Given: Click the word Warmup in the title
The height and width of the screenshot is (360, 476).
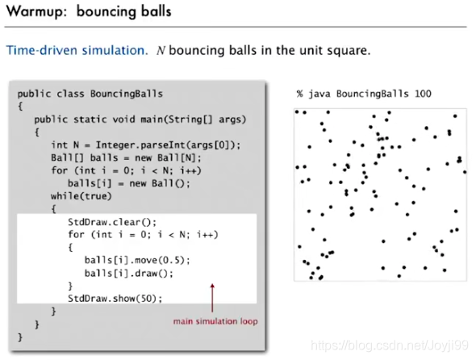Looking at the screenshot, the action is (36, 12).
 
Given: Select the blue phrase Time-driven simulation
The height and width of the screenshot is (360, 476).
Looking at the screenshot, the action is (77, 50).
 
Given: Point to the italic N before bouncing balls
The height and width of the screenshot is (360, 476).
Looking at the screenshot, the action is (161, 50).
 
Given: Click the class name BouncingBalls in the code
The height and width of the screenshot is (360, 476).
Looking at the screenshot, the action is (127, 94).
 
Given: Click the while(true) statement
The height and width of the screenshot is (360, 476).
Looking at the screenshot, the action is (81, 196).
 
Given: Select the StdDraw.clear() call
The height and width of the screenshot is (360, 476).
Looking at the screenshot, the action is (112, 222).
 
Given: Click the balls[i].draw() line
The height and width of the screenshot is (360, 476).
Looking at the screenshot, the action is (129, 273).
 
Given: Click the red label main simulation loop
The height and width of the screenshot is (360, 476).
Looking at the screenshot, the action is (215, 321).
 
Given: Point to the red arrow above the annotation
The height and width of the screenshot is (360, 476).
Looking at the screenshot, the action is (212, 298).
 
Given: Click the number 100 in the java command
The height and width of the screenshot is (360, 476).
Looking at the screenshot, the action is (423, 94).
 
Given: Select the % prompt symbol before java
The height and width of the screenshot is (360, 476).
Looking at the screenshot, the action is (300, 94).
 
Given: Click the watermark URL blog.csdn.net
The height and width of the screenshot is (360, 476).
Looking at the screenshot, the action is (390, 345).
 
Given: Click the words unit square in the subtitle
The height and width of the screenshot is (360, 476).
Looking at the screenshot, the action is (335, 50).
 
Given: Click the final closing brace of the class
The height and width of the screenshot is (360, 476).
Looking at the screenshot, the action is (20, 337).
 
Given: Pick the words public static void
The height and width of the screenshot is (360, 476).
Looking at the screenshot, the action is (85, 119).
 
